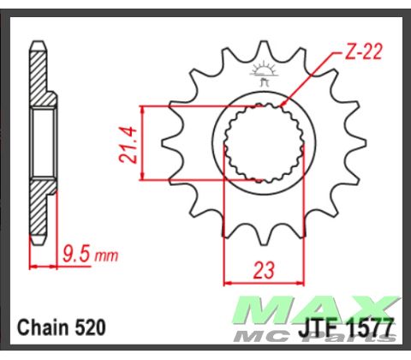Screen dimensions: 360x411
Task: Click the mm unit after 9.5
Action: pos(105,255)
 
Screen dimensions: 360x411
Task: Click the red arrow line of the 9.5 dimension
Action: pos(46,266)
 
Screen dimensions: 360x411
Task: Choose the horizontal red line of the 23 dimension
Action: pos(264,281)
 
